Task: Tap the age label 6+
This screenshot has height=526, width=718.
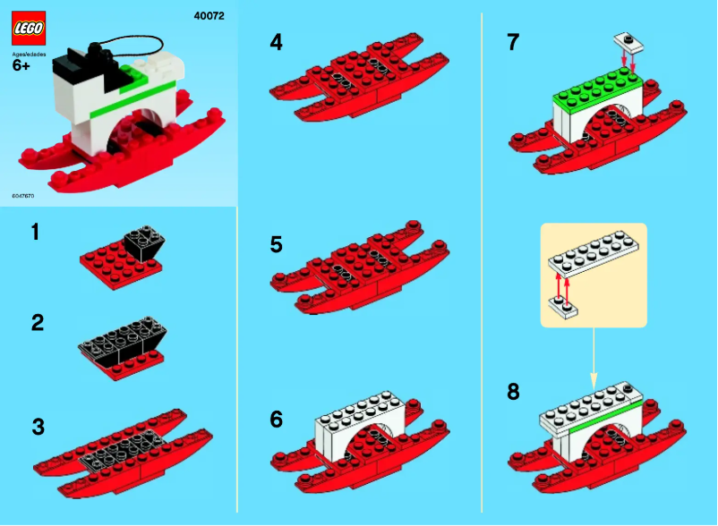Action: click(x=21, y=76)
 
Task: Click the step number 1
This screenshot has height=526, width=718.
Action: click(x=35, y=233)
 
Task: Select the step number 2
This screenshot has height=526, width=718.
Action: click(x=37, y=323)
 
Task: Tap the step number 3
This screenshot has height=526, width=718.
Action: click(x=38, y=426)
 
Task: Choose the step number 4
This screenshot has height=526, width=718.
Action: click(x=277, y=42)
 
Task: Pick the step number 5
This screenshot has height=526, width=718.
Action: click(x=277, y=244)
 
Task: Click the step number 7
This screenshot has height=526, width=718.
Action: click(x=514, y=42)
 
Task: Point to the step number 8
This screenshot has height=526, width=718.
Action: click(x=513, y=391)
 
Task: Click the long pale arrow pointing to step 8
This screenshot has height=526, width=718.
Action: click(x=594, y=353)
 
